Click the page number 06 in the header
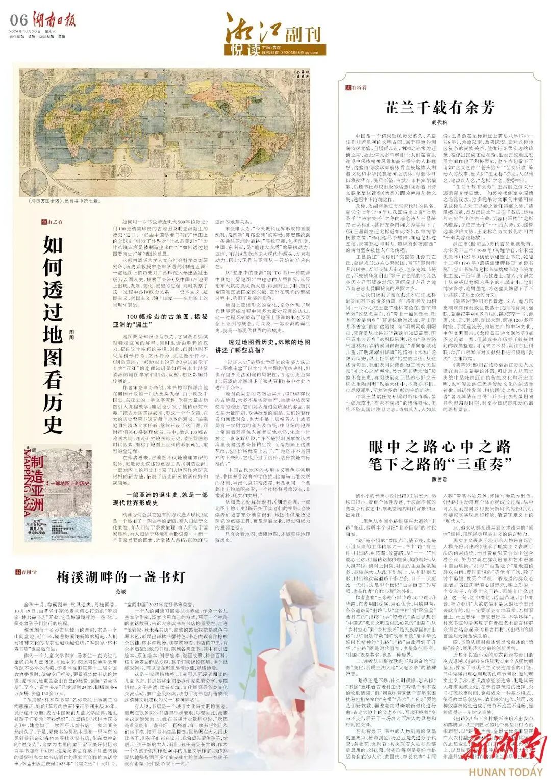[19, 20]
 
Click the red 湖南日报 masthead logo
[57, 20]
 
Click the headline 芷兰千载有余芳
[439, 108]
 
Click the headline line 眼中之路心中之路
[439, 447]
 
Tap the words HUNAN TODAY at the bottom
[506, 772]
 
